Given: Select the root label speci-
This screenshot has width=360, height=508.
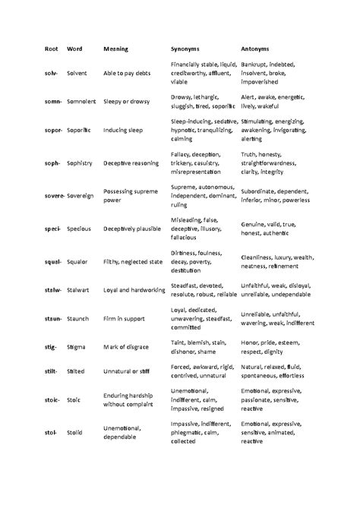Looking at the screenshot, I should pyautogui.click(x=52, y=228).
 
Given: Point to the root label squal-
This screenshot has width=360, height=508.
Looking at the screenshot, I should pyautogui.click(x=52, y=260).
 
